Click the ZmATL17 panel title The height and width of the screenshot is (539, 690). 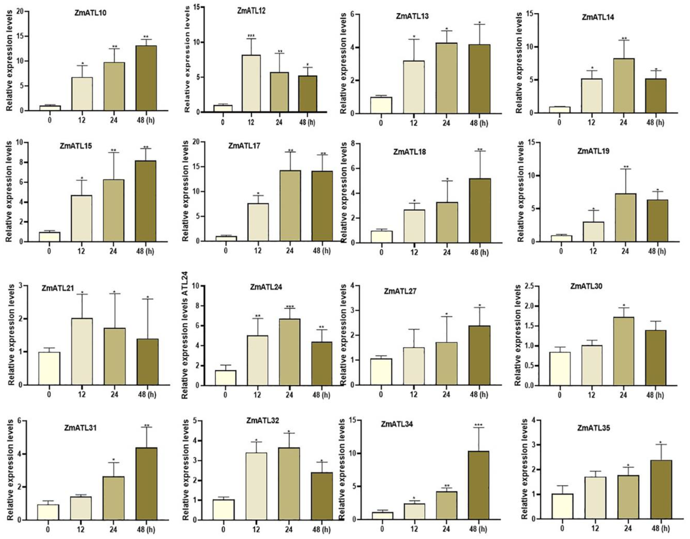click(244, 146)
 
